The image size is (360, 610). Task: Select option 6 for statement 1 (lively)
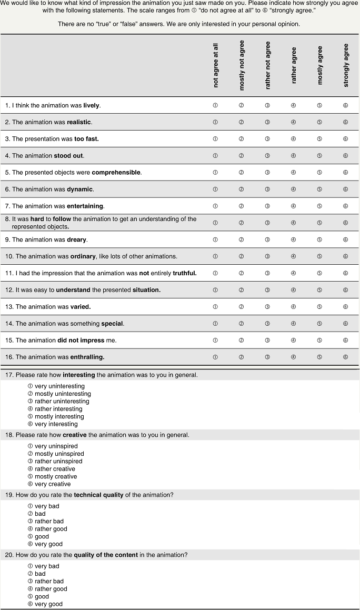(345, 105)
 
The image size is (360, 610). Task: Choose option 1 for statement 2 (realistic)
(215, 122)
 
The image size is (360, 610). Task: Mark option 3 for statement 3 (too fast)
(267, 139)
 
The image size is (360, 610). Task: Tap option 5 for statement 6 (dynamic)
(319, 189)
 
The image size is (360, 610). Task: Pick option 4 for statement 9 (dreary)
(293, 239)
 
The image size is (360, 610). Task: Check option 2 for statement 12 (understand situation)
(241, 290)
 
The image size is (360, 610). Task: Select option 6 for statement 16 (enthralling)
(345, 357)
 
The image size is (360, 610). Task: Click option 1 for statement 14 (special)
(215, 324)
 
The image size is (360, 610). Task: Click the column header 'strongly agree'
(346, 65)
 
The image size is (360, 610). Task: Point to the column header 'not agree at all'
(216, 66)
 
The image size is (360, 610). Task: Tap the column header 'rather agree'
(294, 66)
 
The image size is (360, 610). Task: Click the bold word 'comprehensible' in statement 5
(116, 173)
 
